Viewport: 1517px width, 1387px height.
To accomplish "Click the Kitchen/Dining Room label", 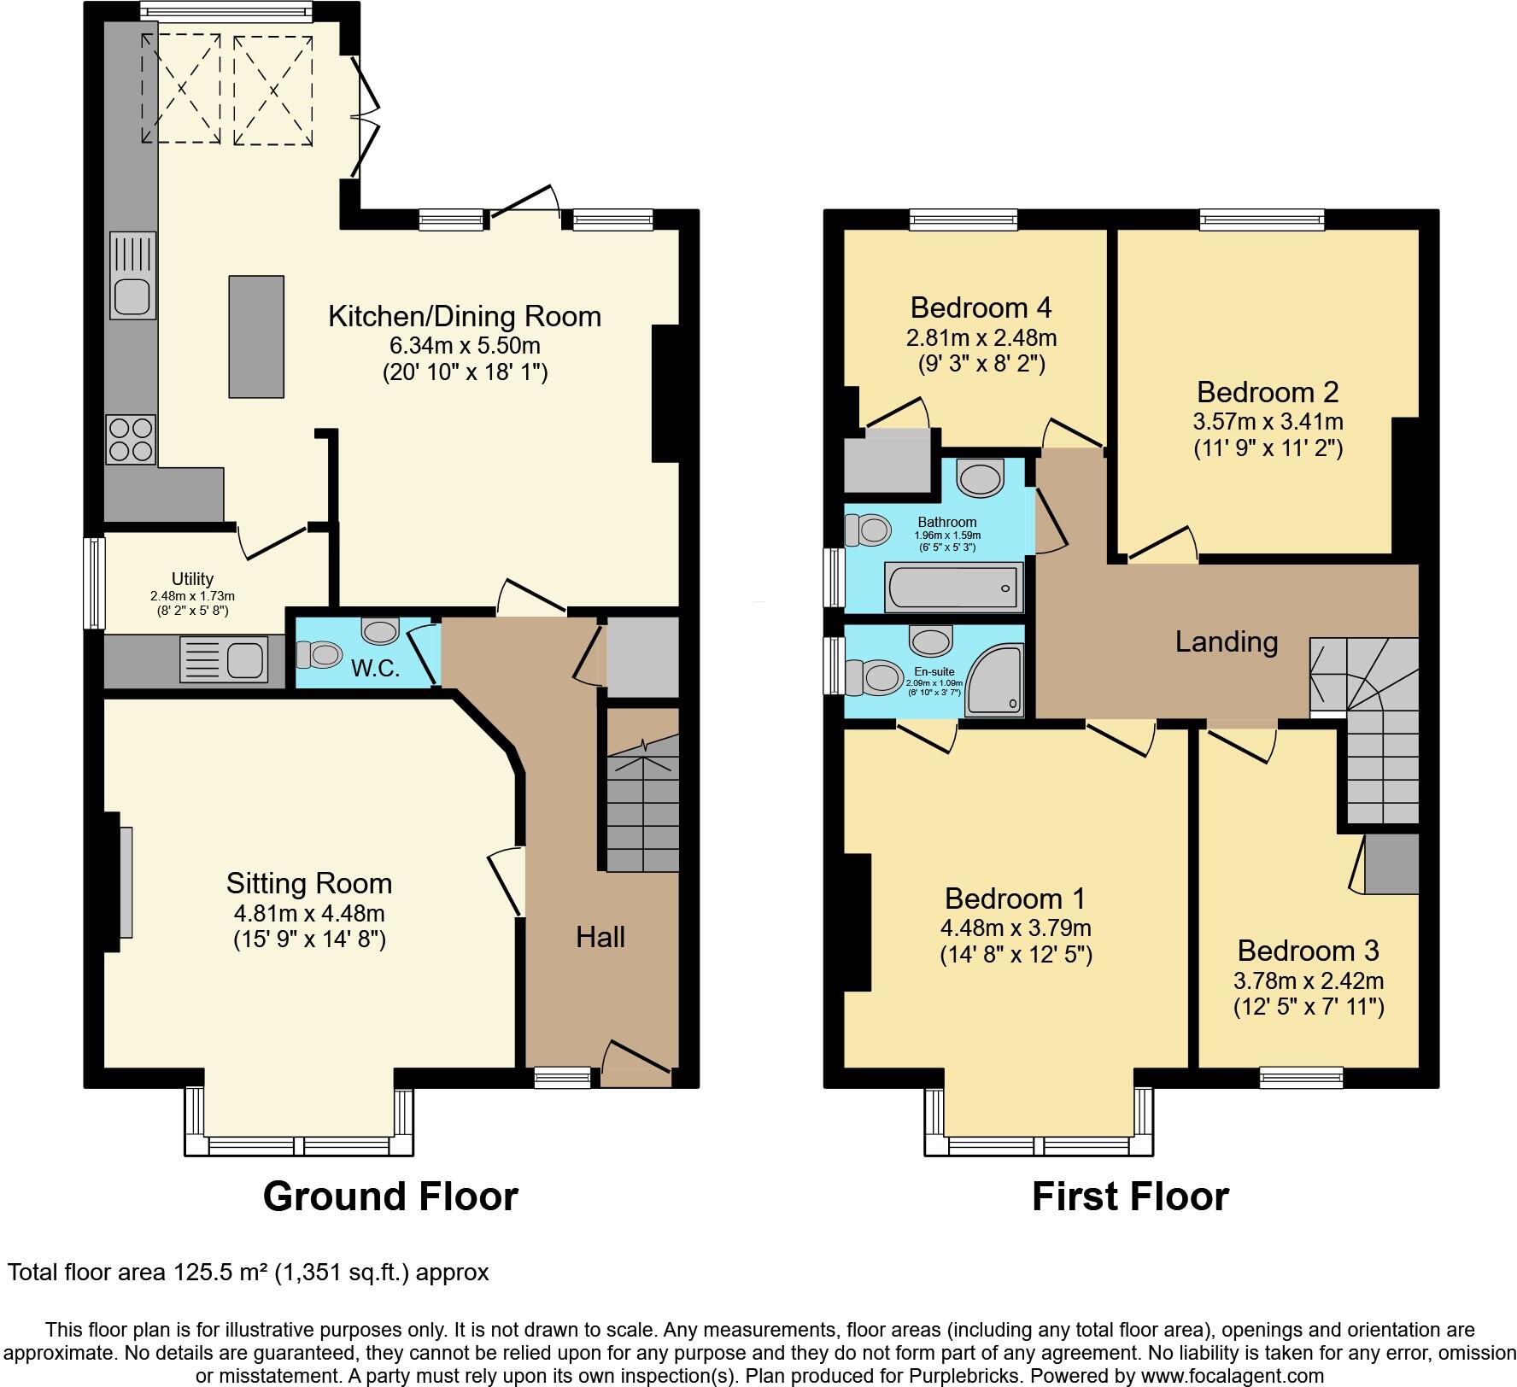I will [465, 317].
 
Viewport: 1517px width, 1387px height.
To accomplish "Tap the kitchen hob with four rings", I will [131, 439].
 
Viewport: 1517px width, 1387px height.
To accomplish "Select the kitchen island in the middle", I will [256, 337].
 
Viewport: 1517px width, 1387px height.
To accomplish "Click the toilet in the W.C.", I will [319, 655].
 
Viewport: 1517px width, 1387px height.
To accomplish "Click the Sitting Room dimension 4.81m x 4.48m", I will [309, 913].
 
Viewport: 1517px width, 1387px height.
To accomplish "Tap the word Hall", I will [600, 938].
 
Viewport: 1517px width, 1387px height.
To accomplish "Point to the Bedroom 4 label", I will [981, 307].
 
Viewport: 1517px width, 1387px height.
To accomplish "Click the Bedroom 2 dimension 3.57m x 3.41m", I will [1268, 422].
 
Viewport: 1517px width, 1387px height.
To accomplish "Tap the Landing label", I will [1226, 642].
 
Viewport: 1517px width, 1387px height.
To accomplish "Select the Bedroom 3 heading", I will [1308, 951].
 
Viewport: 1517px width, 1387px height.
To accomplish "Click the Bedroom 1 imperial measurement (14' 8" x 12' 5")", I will [1016, 955].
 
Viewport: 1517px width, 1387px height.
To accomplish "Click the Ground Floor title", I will [390, 1197].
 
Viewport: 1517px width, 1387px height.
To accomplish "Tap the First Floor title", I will [1130, 1197].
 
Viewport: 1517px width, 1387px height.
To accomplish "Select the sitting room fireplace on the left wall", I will [125, 882].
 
